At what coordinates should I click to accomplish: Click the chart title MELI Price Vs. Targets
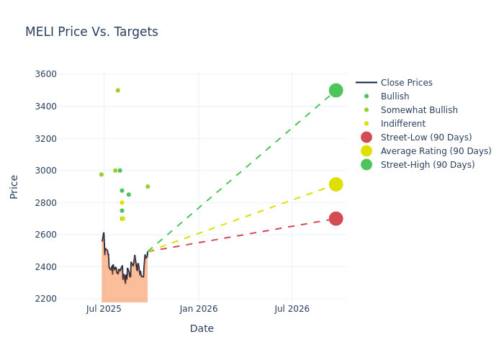point(91,32)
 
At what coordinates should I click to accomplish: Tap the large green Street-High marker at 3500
point(336,90)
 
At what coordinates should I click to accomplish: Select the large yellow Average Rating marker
point(336,184)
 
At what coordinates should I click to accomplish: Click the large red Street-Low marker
point(336,218)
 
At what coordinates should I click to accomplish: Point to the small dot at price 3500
point(117,90)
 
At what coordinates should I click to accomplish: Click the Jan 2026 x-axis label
point(199,309)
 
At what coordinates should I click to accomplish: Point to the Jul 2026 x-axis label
point(292,309)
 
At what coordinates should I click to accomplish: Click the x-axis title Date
point(202,329)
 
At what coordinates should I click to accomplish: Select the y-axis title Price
point(14,186)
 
